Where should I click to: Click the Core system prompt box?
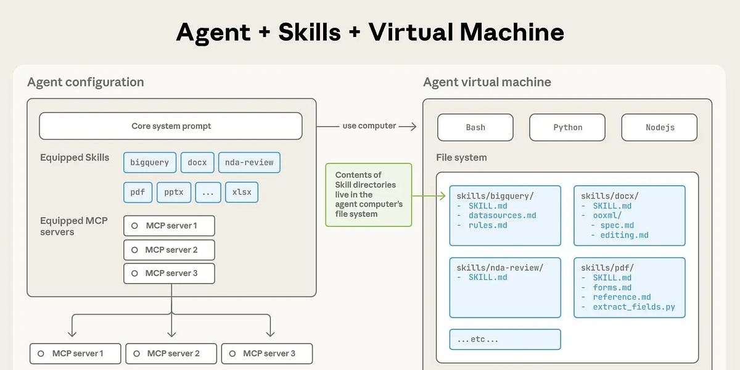(171, 126)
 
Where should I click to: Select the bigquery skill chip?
(149, 163)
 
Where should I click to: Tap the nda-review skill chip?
(249, 163)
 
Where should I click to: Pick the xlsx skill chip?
(242, 192)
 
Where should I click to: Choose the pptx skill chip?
(174, 192)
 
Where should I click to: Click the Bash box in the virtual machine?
(475, 128)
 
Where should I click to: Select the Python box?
(567, 128)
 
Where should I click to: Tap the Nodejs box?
(659, 128)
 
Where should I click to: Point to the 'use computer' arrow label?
(369, 126)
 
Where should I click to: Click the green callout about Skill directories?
(368, 195)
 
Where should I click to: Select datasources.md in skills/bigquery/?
(502, 216)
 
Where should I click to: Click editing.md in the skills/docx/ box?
(624, 235)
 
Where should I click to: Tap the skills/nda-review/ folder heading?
(499, 268)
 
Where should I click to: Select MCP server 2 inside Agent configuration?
(169, 250)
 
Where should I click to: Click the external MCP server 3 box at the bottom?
(266, 353)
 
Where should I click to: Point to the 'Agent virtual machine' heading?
(487, 82)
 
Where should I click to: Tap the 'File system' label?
(461, 158)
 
